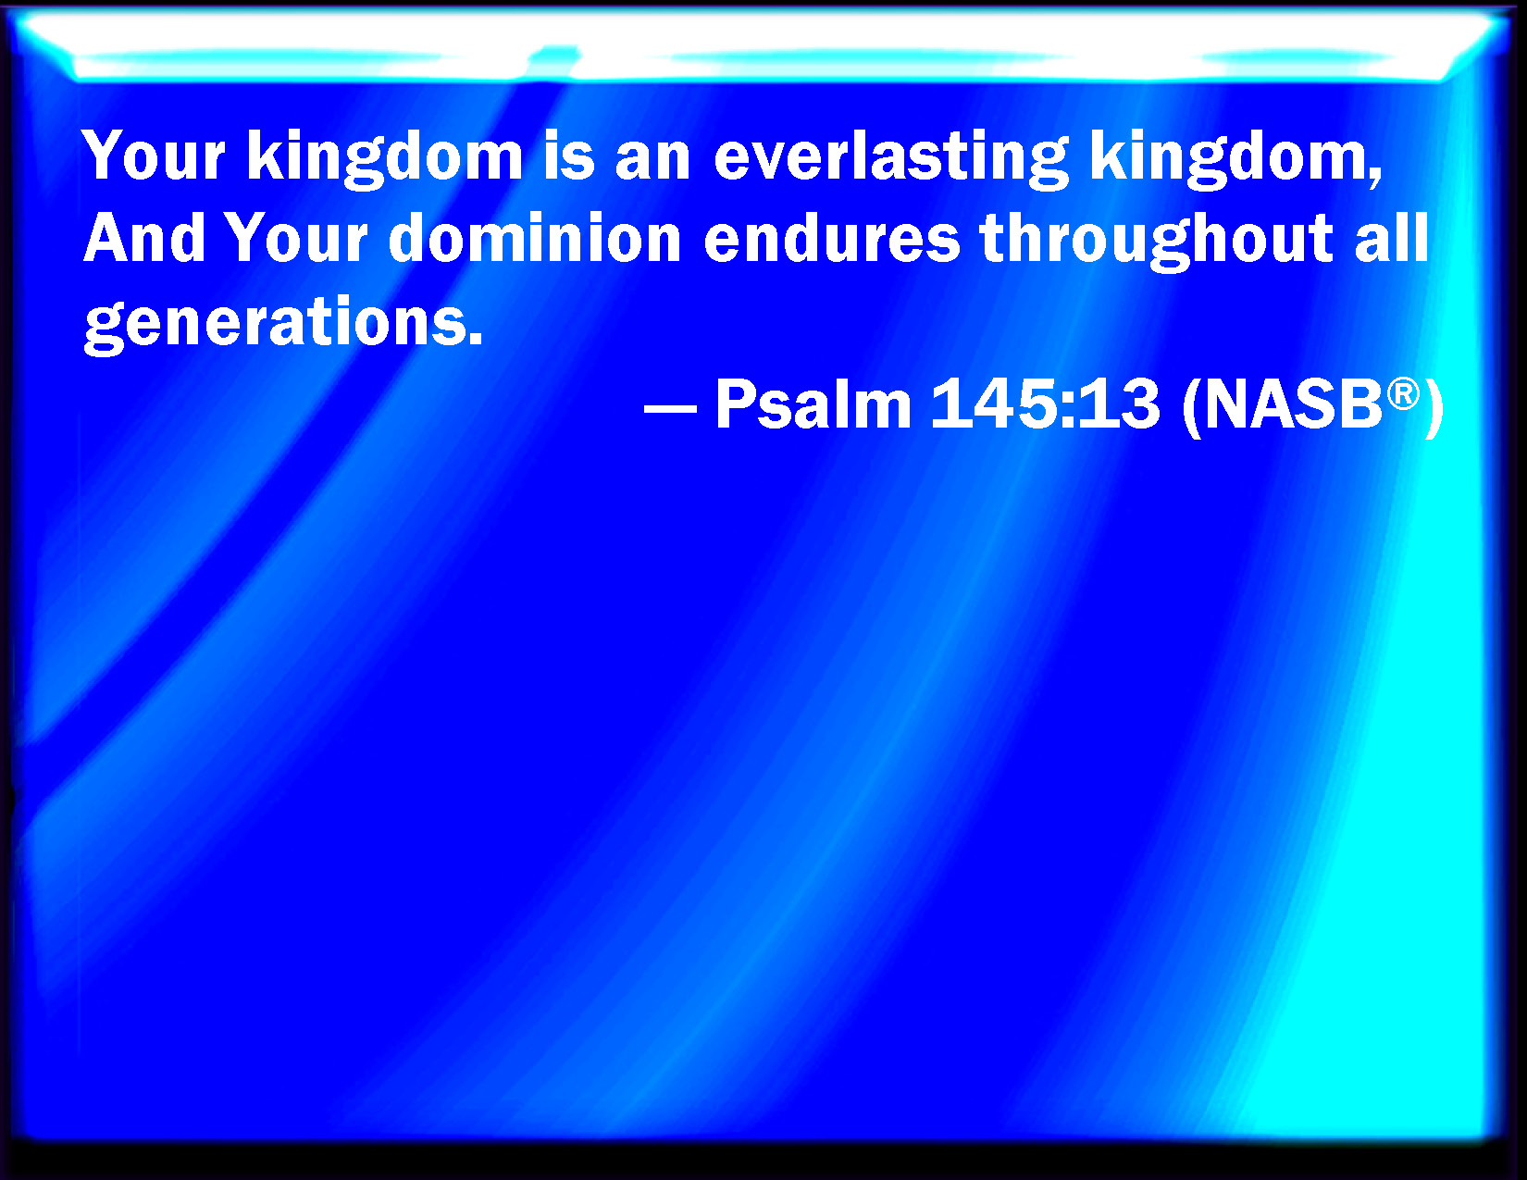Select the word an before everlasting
652,161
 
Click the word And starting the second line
144,238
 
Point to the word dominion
535,238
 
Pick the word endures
831,238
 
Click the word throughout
1156,241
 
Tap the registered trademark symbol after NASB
1404,393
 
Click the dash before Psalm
670,407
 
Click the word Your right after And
298,238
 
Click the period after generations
475,339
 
